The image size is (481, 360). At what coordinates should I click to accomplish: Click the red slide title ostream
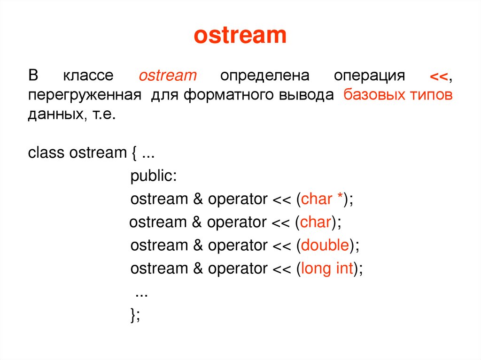click(240, 36)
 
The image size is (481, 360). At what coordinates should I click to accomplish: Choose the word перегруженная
click(85, 95)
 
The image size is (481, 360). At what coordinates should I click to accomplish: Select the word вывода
click(307, 95)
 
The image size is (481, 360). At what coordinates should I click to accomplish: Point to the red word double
click(325, 245)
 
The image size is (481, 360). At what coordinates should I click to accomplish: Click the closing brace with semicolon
click(135, 315)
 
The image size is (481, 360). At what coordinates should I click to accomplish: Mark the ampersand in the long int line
click(197, 268)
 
